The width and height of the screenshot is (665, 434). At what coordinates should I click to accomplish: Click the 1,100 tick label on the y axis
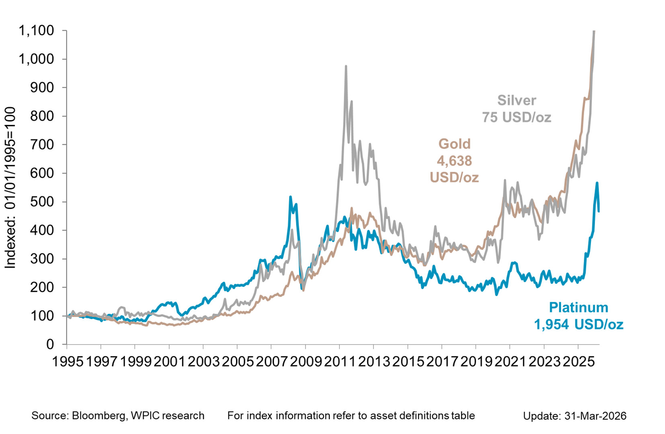(x=36, y=31)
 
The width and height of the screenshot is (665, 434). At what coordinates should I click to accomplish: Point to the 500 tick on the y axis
(x=42, y=202)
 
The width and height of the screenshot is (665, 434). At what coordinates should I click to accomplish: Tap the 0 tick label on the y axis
(x=50, y=344)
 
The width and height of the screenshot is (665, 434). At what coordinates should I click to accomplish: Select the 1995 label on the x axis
(x=68, y=361)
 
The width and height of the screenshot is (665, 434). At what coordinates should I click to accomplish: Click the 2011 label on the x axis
(x=340, y=361)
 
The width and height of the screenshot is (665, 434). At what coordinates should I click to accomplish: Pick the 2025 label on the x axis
(x=578, y=361)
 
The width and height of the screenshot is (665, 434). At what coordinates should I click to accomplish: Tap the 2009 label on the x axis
(x=306, y=361)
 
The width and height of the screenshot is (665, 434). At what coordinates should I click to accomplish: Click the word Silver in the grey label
(x=517, y=100)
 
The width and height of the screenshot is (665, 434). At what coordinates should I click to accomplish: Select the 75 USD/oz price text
(x=517, y=117)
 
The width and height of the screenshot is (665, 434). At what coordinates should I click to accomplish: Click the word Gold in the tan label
(x=454, y=144)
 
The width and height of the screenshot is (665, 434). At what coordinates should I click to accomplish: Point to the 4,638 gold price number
(x=454, y=161)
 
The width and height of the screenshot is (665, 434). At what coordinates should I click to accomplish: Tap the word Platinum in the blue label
(x=579, y=307)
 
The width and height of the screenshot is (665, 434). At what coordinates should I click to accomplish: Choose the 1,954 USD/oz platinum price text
(x=579, y=324)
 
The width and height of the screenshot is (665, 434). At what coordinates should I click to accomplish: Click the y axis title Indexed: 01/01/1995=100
(x=10, y=188)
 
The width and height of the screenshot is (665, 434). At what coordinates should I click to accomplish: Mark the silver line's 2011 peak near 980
(x=346, y=66)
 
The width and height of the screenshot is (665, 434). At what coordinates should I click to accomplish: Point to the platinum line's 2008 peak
(x=290, y=197)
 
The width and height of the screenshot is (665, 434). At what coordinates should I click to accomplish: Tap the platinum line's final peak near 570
(x=597, y=183)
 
